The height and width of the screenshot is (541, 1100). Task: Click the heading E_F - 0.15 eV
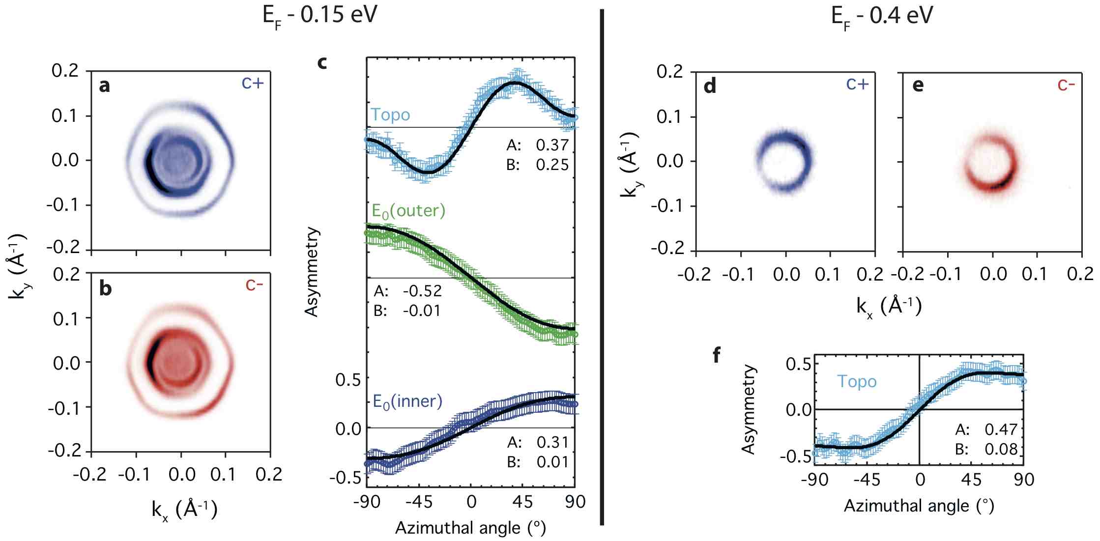(x=320, y=16)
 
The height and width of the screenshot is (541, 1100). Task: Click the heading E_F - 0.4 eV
(x=882, y=16)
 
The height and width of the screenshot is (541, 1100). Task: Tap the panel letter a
(x=104, y=86)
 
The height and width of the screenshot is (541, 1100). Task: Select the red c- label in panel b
(x=254, y=285)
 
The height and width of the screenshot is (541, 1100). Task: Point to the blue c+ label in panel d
(x=857, y=84)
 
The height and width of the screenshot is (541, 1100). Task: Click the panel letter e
(x=918, y=86)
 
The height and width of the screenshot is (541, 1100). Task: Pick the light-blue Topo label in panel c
(x=390, y=115)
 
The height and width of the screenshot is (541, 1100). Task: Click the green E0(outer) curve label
(x=408, y=211)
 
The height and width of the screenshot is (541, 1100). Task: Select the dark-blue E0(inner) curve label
(x=407, y=401)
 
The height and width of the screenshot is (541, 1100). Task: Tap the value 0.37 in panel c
(x=552, y=145)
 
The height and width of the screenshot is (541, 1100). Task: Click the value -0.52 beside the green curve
(x=422, y=291)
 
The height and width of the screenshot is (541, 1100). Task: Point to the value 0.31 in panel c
(x=552, y=442)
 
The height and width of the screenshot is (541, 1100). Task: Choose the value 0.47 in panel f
(x=1001, y=429)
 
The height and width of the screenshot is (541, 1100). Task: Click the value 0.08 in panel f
(x=1001, y=449)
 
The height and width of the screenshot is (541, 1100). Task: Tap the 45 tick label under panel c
(x=522, y=502)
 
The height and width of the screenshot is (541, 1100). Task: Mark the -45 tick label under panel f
(x=867, y=480)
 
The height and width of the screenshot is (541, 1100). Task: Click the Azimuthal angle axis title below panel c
(x=470, y=528)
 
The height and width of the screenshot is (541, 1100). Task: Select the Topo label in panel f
(x=857, y=382)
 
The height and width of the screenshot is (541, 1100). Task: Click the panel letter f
(x=717, y=355)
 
